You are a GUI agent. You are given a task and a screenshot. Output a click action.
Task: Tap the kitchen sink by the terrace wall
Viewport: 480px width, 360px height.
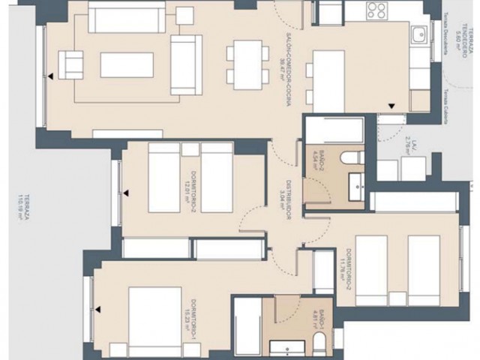tap(418, 36)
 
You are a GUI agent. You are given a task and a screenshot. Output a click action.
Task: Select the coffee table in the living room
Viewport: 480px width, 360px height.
tap(126, 64)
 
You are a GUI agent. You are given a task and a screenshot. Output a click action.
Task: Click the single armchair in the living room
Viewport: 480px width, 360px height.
tap(70, 64)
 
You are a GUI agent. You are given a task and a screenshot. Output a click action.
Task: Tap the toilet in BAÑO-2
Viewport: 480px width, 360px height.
tap(349, 158)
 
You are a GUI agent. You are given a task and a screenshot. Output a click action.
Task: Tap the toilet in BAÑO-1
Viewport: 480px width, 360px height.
tap(319, 346)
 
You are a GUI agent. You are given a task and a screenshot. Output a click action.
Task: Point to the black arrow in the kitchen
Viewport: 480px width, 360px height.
tap(390, 106)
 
